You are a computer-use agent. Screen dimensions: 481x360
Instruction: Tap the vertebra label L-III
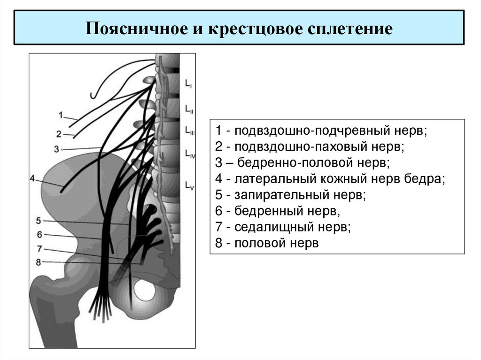pyautogui.click(x=190, y=131)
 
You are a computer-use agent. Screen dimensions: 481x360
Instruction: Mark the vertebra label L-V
pyautogui.click(x=189, y=184)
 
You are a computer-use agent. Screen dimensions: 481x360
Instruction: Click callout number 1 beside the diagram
pyautogui.click(x=62, y=114)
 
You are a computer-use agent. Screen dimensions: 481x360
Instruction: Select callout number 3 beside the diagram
pyautogui.click(x=56, y=149)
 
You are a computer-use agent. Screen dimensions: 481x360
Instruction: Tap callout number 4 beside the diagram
pyautogui.click(x=32, y=178)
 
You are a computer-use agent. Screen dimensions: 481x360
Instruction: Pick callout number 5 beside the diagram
pyautogui.click(x=38, y=220)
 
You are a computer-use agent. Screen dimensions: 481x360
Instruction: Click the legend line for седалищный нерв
pyautogui.click(x=284, y=228)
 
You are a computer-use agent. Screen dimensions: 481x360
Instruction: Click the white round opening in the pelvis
pyautogui.click(x=144, y=290)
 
